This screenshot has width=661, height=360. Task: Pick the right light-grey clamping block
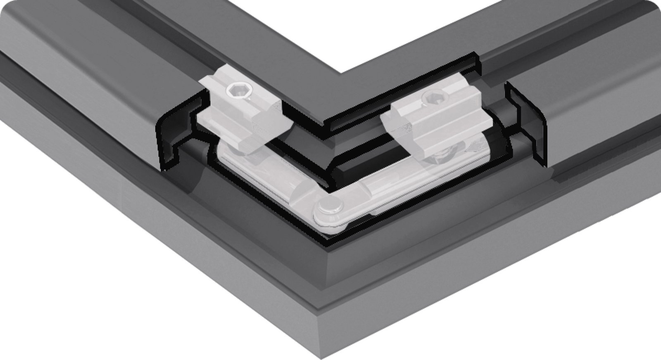click(x=434, y=120)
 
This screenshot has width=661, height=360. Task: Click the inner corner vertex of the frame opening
click(x=341, y=73)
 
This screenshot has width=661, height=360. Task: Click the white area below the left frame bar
click(x=103, y=289)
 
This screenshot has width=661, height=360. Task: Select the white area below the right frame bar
click(x=558, y=297)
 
